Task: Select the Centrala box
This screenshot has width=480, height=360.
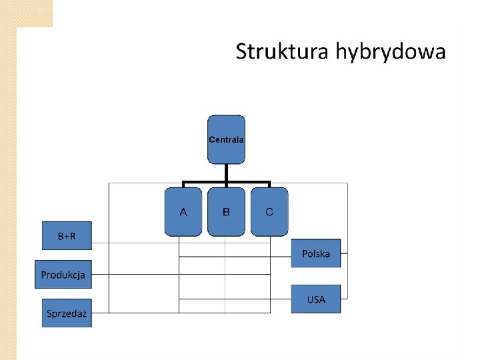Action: tap(226, 139)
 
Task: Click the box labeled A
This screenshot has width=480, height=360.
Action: tap(183, 212)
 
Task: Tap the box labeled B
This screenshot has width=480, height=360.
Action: tap(226, 212)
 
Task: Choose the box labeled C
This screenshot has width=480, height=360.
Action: tap(269, 212)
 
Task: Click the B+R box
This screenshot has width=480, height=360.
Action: tap(67, 236)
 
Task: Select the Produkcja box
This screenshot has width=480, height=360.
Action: tap(63, 274)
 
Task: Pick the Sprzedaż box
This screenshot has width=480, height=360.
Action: tap(67, 313)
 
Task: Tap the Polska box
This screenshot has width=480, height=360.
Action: tap(315, 253)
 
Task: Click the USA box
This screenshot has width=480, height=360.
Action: tap(315, 299)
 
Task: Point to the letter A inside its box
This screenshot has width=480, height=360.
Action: tap(183, 212)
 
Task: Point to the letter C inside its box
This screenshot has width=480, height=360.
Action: tap(269, 212)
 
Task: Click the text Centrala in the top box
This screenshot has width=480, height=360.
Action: tap(226, 140)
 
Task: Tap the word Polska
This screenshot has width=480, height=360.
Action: tap(315, 254)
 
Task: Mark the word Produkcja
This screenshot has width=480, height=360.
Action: tap(63, 275)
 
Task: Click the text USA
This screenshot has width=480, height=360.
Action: tap(316, 299)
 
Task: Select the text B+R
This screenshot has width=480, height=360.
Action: tap(67, 236)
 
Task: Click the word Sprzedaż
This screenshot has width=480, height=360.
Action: tap(67, 313)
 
